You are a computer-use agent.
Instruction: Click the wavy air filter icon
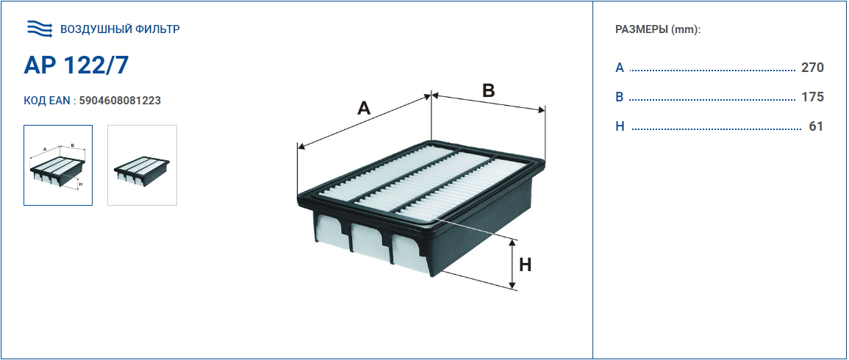40,29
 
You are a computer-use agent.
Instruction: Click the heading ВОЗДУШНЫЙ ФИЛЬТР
120,29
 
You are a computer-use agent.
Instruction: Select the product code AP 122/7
76,65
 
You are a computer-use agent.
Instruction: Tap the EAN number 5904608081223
120,101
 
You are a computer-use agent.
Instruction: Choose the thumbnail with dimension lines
58,165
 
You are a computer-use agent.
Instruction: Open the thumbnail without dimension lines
143,165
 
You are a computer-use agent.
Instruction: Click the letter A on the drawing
364,108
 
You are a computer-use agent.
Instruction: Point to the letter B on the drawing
489,90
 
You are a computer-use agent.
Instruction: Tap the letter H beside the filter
526,264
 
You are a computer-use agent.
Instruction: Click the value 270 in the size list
812,68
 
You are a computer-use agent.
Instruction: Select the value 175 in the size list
812,97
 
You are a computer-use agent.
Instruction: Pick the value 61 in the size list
816,126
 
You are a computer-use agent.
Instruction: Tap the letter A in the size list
620,68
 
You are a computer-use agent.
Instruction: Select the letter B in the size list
620,97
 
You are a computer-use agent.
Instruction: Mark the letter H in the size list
620,126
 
